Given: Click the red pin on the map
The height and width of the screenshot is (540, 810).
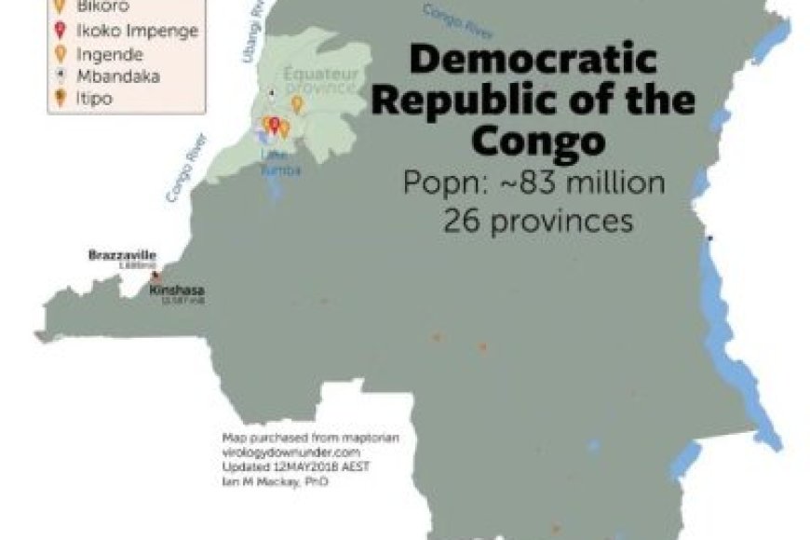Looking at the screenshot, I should click(274, 123).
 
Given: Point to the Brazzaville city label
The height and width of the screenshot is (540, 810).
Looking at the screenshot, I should click(122, 254).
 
